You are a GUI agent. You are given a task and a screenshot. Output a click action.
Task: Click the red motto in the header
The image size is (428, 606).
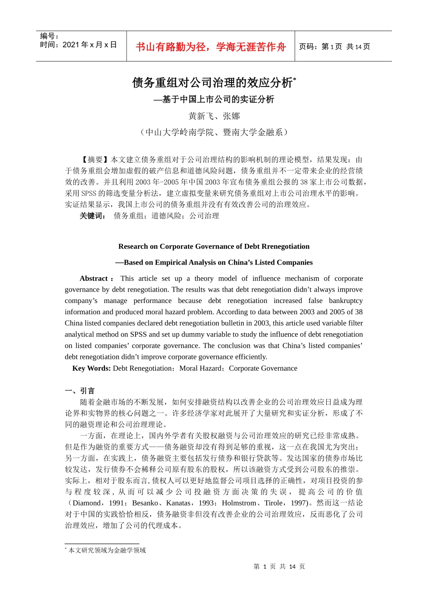coord(210,47)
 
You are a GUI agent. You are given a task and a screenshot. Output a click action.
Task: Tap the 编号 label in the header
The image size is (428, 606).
coord(50,36)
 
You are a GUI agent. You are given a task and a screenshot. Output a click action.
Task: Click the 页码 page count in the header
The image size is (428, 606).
coord(334,46)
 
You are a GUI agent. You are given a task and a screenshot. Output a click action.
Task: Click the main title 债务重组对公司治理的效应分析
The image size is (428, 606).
coord(212,83)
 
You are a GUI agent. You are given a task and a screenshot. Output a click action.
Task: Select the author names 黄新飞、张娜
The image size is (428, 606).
coord(214,116)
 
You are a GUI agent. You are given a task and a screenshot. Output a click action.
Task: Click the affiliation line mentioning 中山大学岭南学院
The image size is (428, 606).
coord(214,132)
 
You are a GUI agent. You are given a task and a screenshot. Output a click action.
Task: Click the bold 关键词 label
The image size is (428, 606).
coord(92,216)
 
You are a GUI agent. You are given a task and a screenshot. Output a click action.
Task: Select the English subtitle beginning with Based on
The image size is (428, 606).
coord(214,262)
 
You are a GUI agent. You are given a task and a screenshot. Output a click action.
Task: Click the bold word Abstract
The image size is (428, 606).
coord(94,278)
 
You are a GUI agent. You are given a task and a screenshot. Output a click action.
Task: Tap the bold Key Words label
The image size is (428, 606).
coord(91,368)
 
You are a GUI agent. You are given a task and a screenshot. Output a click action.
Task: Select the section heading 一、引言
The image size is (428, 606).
coord(80,390)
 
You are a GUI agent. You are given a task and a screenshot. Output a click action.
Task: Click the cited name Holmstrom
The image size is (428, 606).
coord(239,503)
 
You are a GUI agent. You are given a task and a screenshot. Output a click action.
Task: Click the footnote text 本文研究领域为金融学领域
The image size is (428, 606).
coord(107,550)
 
